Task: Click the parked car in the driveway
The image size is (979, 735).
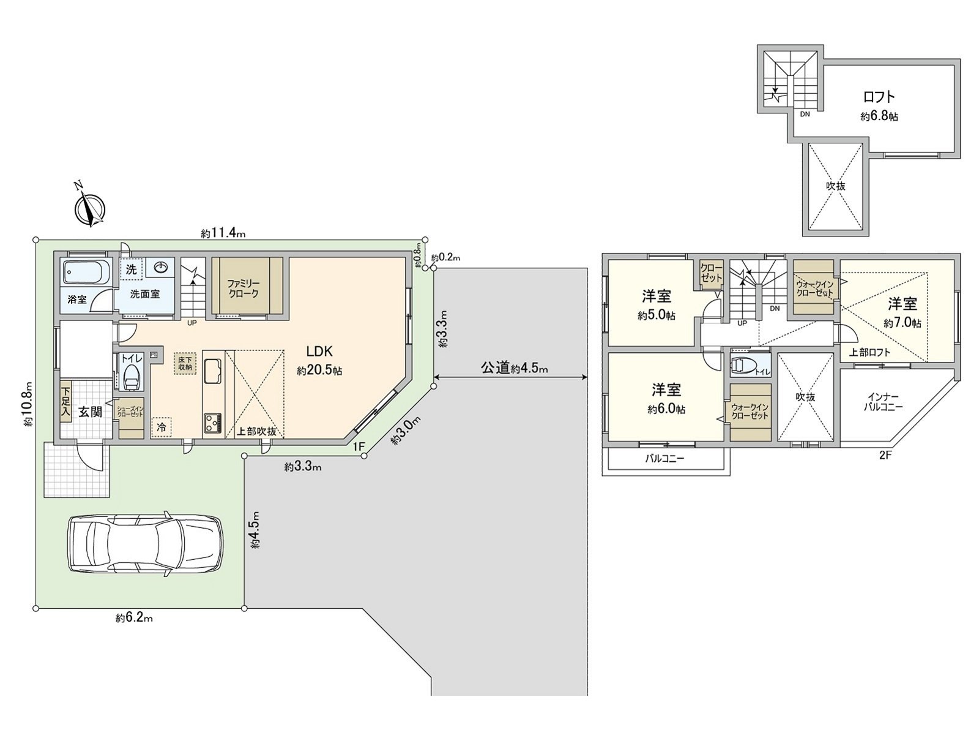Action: [144, 543]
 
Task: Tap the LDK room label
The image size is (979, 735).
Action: [319, 352]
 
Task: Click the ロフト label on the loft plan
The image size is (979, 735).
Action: [879, 97]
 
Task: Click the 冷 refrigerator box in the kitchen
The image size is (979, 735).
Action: [162, 426]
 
